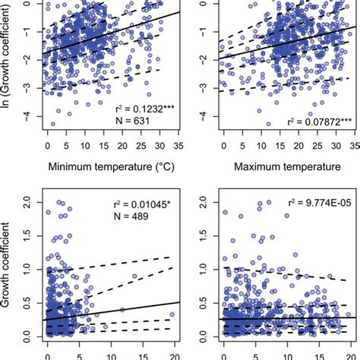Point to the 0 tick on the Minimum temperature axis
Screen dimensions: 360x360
[48, 144]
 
